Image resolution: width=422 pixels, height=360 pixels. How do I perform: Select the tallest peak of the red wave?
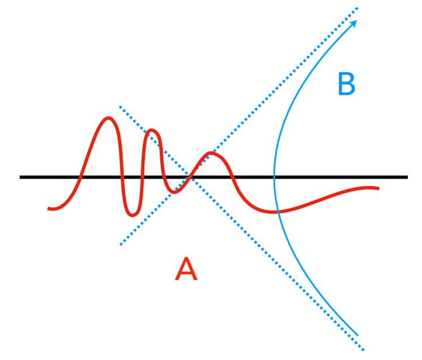108,118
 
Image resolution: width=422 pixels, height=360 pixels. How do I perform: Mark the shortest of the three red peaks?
212,153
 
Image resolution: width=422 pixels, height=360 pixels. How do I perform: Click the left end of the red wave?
50,209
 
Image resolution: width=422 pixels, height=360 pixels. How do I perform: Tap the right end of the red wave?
378,188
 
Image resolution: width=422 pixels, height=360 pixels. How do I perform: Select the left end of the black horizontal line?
20,177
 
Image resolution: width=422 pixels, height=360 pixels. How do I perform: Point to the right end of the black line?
407,177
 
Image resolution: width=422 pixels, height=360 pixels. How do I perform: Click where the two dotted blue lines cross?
192,177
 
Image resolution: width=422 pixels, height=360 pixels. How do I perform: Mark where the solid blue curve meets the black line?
274,177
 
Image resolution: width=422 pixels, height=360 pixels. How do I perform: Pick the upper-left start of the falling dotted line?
120,106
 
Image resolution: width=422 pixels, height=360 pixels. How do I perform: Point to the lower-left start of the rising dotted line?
120,244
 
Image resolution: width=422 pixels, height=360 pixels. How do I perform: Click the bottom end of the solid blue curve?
358,335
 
